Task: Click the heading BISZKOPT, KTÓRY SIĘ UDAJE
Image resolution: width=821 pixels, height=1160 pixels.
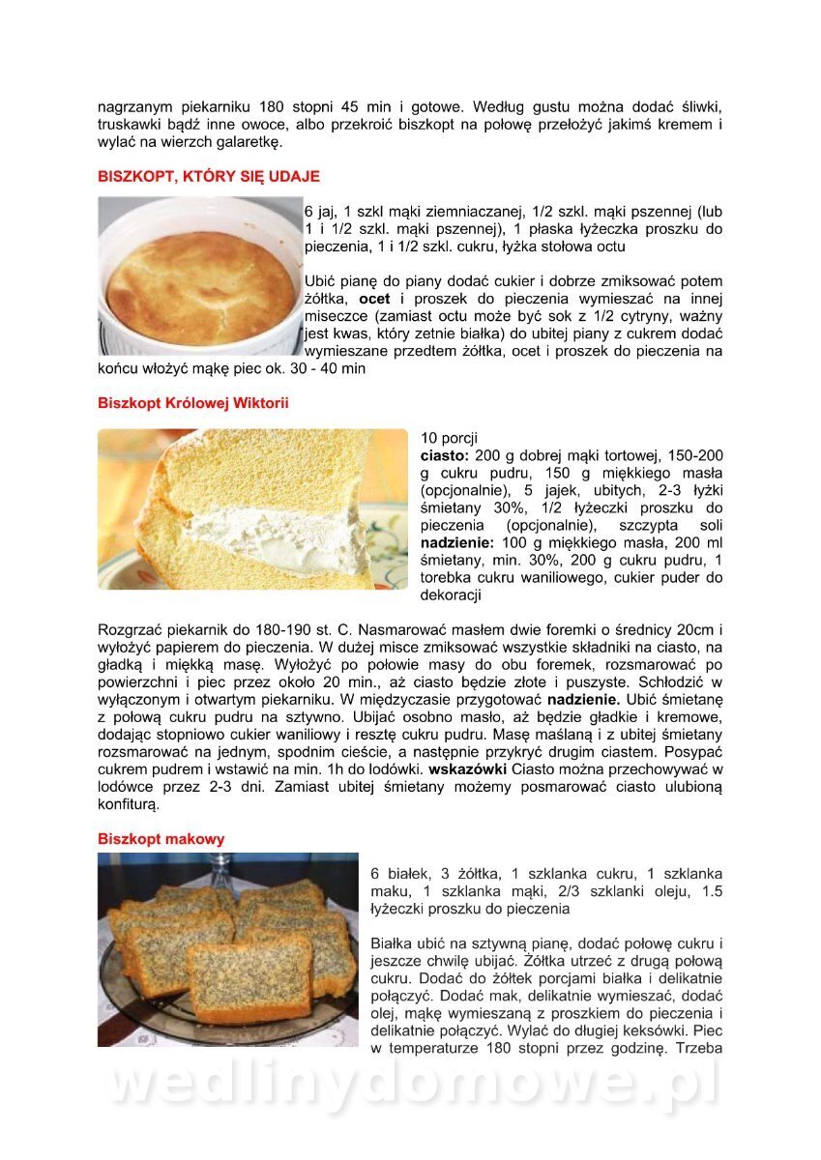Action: tap(208, 177)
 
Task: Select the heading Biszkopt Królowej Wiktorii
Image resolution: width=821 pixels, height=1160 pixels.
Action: tap(193, 402)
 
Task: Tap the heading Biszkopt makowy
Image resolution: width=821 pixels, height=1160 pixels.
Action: tap(161, 839)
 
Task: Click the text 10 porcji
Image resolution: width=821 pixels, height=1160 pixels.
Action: tap(449, 438)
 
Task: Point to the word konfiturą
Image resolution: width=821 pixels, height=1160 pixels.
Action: tap(127, 804)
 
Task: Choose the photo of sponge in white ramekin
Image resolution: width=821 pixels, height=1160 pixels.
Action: tap(200, 276)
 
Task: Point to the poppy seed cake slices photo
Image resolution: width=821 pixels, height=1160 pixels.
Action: tap(227, 949)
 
